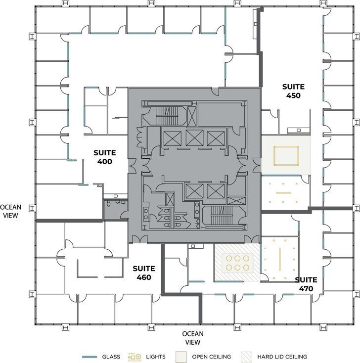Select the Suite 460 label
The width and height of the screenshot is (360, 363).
144,272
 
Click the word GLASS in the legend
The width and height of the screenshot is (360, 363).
111,356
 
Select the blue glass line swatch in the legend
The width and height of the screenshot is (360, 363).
90,356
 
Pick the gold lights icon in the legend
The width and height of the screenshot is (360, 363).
135,356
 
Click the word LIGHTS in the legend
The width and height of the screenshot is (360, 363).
156,356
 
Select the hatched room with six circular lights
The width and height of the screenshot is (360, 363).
236,263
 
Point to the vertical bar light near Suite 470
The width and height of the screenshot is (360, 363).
279,258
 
